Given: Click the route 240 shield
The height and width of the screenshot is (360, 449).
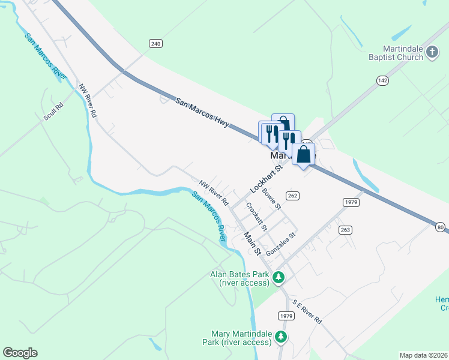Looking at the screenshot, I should pos(156,43).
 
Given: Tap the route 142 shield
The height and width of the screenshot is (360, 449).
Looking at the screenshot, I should pos(382,80).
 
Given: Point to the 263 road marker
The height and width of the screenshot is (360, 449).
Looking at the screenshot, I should pos(345,230).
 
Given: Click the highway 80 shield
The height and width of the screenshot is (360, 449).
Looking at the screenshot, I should pos(441,227).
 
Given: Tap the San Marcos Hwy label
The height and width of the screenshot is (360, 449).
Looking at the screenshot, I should pos(203,112).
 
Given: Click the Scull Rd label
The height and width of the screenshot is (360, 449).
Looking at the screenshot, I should pos(53,112).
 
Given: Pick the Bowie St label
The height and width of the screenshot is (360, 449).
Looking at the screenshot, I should pos(272,199).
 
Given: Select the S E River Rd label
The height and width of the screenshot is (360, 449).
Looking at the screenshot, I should pos(307,312).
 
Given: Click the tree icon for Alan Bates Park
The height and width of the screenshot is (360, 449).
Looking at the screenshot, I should pos(278,277).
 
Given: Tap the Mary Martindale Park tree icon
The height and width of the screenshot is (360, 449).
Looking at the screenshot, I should pos(280,338).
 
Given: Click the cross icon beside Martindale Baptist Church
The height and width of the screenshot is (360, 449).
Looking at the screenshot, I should pos(431,53).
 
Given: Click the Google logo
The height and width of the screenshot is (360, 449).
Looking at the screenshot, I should pos(20,353).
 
